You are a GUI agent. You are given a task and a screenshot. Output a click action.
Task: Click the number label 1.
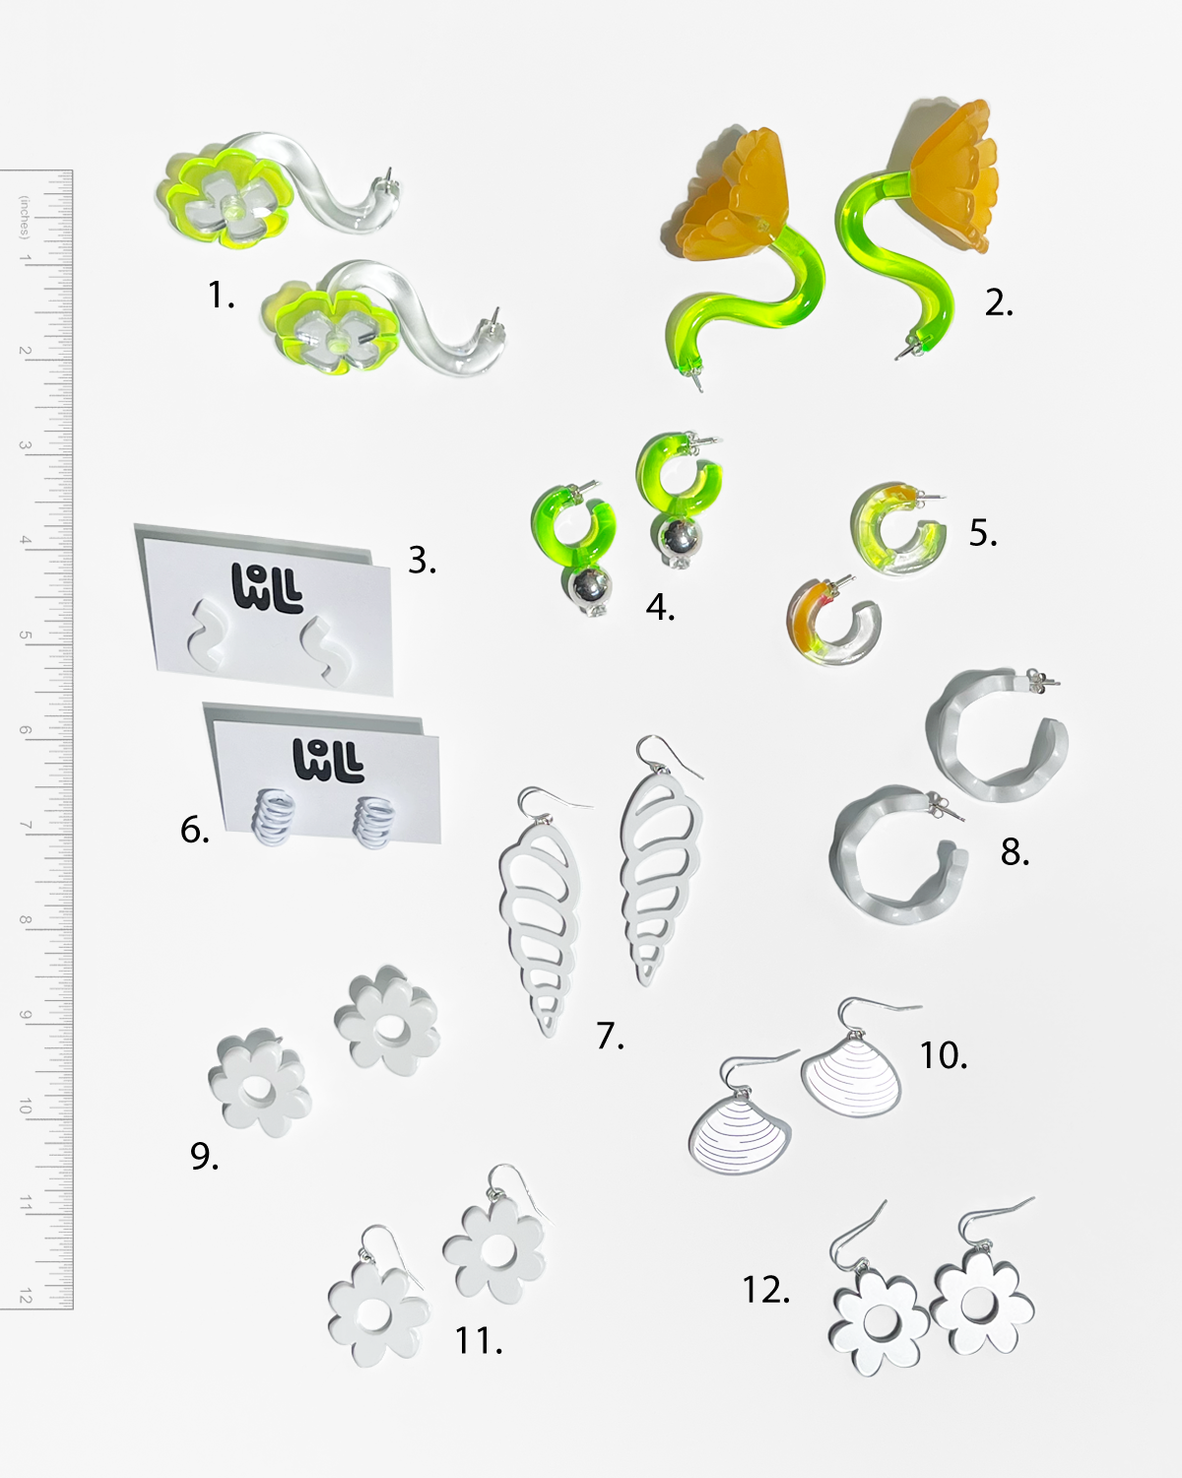pyautogui.click(x=222, y=296)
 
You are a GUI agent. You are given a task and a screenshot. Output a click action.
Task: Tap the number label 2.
pyautogui.click(x=999, y=302)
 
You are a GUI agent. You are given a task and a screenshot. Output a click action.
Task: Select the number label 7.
pyautogui.click(x=610, y=1037)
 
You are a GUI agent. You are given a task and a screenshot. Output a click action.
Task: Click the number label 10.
pyautogui.click(x=943, y=1055)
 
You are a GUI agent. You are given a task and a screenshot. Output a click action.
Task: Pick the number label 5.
pyautogui.click(x=983, y=533)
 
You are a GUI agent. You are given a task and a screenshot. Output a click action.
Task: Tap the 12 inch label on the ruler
pyautogui.click(x=26, y=1296)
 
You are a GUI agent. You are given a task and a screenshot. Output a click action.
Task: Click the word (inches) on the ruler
pyautogui.click(x=24, y=217)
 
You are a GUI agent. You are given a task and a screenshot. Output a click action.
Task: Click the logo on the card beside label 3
pyautogui.click(x=267, y=587)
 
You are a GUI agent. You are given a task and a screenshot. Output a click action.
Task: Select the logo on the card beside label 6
pyautogui.click(x=328, y=760)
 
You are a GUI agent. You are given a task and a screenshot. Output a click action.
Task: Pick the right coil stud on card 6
pyautogui.click(x=373, y=821)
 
